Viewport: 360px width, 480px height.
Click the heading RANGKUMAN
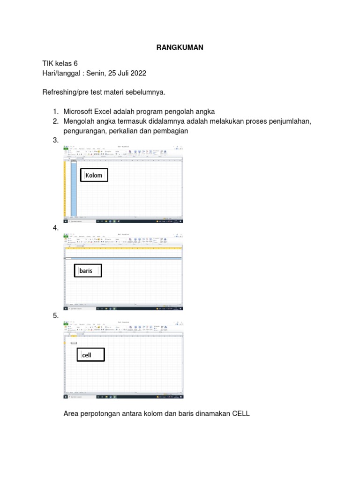coord(180,48)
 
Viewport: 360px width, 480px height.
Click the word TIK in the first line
coord(48,63)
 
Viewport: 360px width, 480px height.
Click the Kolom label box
coord(94,175)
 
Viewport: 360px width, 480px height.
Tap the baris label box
coord(87,271)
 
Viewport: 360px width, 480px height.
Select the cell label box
coord(90,355)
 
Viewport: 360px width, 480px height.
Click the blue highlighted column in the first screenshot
coord(74,187)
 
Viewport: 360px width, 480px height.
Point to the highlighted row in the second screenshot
coord(123,258)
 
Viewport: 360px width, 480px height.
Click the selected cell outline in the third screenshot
coord(74,343)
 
